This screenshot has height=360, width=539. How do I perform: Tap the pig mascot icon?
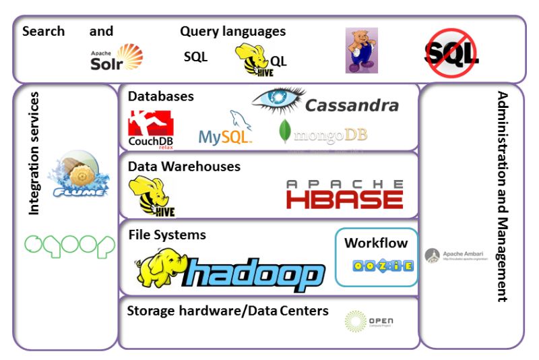coord(361,51)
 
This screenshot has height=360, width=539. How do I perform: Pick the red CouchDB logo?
coord(151,128)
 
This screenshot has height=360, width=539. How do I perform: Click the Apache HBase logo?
coord(344,194)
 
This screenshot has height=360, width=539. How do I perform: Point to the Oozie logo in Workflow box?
coord(383,266)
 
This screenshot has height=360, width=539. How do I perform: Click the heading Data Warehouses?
coord(184,167)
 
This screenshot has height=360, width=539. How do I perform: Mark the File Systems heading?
coord(167,235)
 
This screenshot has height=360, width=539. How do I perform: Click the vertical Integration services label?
coord(34,154)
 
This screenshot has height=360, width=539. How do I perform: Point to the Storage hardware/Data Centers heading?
coord(228,311)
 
